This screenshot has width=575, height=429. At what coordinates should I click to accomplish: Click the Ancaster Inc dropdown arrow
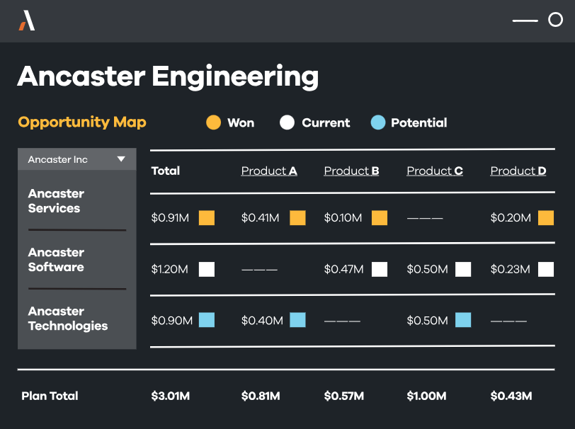(121, 159)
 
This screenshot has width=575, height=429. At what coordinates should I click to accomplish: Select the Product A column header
(269, 171)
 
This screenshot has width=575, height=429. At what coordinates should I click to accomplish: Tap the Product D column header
(518, 171)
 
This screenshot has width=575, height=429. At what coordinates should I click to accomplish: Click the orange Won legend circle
(213, 122)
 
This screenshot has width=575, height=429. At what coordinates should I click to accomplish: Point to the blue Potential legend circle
(378, 122)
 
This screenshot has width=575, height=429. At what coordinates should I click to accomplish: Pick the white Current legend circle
(287, 122)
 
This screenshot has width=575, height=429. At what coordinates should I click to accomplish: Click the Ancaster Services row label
(56, 201)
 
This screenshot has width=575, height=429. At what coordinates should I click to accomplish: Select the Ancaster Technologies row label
(68, 319)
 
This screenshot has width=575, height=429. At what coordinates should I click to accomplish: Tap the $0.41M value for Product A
(260, 218)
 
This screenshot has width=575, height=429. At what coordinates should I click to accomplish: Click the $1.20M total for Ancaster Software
(169, 269)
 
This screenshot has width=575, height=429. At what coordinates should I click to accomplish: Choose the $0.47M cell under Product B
(343, 269)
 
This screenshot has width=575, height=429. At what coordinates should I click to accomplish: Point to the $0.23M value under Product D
(510, 269)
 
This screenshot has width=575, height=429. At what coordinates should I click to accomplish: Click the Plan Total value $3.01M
(171, 396)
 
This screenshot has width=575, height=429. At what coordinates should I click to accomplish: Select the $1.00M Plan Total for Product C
(426, 396)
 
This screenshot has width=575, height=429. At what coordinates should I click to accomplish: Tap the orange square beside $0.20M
(546, 218)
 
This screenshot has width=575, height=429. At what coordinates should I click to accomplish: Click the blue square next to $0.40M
(297, 320)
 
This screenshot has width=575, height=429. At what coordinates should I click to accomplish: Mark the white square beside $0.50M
(463, 270)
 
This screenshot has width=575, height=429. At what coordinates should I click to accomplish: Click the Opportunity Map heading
(82, 122)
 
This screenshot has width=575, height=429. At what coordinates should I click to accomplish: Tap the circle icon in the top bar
(555, 20)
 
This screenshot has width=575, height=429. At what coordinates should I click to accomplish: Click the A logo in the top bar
(27, 21)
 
